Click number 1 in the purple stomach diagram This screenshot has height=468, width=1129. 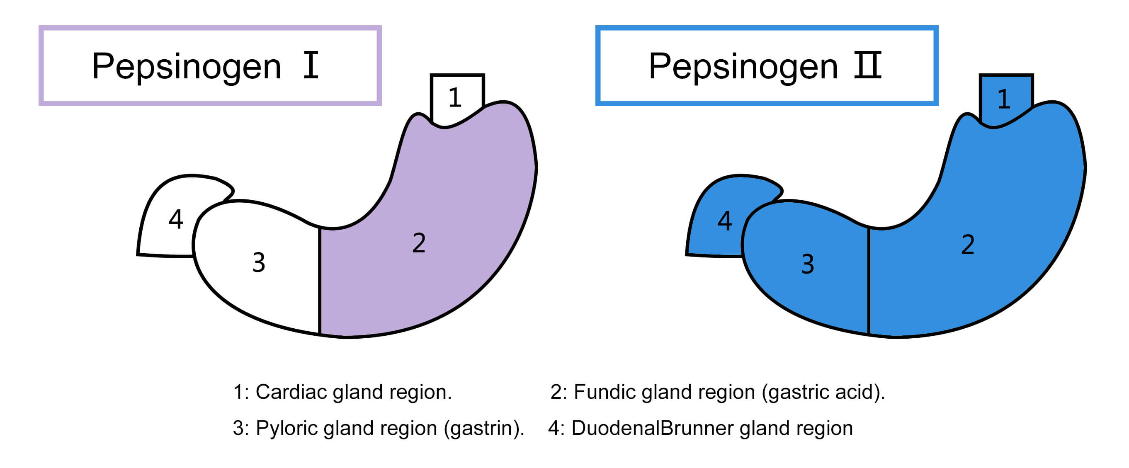coord(454,97)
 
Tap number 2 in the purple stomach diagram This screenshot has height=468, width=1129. coord(418,243)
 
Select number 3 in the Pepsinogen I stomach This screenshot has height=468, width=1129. coord(259,262)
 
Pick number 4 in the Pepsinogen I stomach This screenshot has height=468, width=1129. coord(175,219)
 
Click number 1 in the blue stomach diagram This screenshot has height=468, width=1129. coord(1004,99)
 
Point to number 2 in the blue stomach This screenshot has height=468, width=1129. coord(968,245)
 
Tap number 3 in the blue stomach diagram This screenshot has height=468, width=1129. coord(808,264)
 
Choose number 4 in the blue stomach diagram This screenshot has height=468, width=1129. coord(724,221)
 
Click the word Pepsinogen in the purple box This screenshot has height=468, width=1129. coord(186,67)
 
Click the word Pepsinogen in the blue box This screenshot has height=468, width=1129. coord(743,67)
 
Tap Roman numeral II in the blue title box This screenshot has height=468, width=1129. coord(867,65)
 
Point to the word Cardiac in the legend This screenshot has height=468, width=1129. coord(291,392)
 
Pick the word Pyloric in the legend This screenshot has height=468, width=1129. coord(286,428)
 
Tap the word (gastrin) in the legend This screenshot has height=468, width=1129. coord(483,428)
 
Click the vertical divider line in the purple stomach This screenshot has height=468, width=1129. coord(320,281)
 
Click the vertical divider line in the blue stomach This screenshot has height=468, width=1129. coord(869,281)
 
